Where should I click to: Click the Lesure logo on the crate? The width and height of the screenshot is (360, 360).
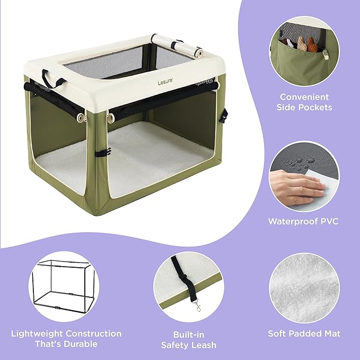(165, 82)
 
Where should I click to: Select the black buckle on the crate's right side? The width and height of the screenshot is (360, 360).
(224, 116)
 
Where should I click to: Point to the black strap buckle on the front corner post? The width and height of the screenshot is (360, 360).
(103, 152)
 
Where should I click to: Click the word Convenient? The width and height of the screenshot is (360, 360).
(304, 97)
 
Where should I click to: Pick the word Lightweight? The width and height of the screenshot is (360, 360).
(37, 334)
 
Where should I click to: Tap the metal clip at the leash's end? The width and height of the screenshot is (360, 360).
(198, 306)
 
